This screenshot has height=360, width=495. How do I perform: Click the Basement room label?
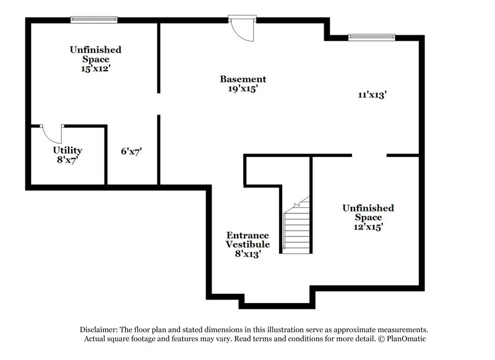[243, 79]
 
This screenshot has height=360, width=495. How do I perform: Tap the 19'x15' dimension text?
[243, 89]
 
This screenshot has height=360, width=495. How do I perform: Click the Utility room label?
[67, 150]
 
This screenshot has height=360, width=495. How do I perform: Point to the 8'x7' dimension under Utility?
[67, 160]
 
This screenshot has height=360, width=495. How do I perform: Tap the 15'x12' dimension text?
[95, 69]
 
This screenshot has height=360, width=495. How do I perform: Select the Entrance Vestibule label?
[247, 240]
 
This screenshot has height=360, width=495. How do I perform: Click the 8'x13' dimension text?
[247, 254]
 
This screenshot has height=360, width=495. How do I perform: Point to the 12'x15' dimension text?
[368, 227]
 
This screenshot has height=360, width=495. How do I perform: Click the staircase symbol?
[296, 229]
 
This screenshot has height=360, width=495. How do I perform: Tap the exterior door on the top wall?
[241, 28]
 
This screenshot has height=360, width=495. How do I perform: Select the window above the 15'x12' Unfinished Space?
[93, 20]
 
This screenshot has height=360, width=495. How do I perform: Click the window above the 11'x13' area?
[371, 37]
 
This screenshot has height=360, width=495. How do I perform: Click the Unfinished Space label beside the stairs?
[368, 213]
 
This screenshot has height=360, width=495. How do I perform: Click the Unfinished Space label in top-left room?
[95, 54]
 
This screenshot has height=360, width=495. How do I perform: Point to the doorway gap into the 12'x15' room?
[369, 155]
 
